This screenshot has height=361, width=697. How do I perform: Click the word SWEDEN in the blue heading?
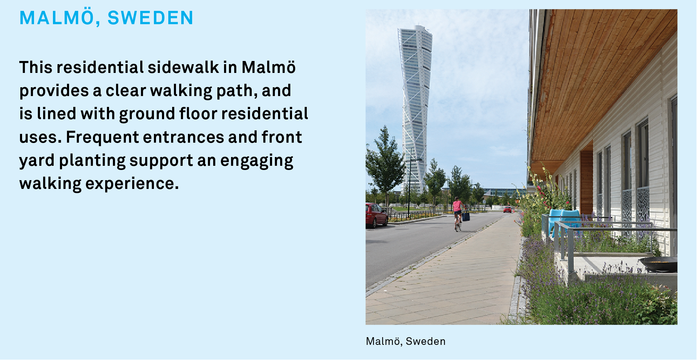[x=150, y=18]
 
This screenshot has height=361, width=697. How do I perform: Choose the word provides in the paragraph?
[x=54, y=91]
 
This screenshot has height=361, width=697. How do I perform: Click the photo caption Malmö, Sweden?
[x=406, y=341]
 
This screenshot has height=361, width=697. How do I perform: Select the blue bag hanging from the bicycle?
[x=466, y=217]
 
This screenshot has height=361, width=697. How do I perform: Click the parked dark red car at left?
[x=376, y=215]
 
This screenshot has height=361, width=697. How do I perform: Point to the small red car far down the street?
[x=507, y=210]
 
